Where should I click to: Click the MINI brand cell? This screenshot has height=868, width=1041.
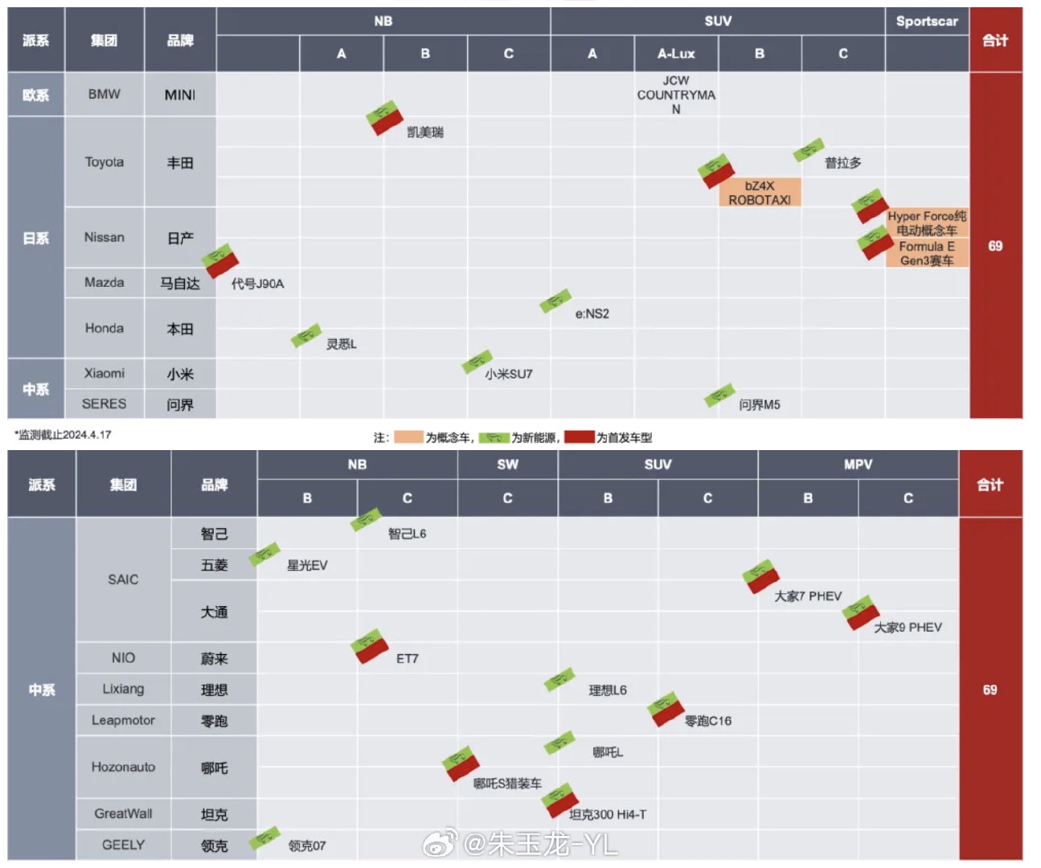(180, 95)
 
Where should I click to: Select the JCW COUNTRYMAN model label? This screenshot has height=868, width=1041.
(676, 95)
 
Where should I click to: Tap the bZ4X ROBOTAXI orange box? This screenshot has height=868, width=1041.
(760, 193)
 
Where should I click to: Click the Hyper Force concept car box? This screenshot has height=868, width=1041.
(927, 223)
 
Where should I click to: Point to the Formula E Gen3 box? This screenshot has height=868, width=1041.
(927, 253)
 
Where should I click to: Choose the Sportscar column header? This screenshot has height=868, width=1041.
(927, 22)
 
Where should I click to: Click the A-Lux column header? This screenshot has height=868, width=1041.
(676, 54)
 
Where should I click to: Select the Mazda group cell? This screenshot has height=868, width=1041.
(105, 282)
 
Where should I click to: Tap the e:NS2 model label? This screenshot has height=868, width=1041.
(592, 313)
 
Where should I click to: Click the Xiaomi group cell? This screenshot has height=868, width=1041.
(105, 373)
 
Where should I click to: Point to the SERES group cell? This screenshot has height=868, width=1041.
(105, 403)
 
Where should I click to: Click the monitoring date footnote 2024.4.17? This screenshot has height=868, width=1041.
(64, 435)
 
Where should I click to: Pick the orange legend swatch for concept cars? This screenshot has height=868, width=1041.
(408, 437)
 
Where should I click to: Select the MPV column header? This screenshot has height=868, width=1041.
(858, 465)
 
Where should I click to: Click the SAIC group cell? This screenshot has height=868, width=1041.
(123, 579)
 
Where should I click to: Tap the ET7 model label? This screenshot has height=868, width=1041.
(408, 658)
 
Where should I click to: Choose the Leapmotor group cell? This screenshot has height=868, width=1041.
(123, 720)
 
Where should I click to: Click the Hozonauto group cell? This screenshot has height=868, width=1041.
(123, 767)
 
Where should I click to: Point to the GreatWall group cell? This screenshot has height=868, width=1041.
(123, 813)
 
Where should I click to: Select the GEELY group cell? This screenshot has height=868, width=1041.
(123, 845)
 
